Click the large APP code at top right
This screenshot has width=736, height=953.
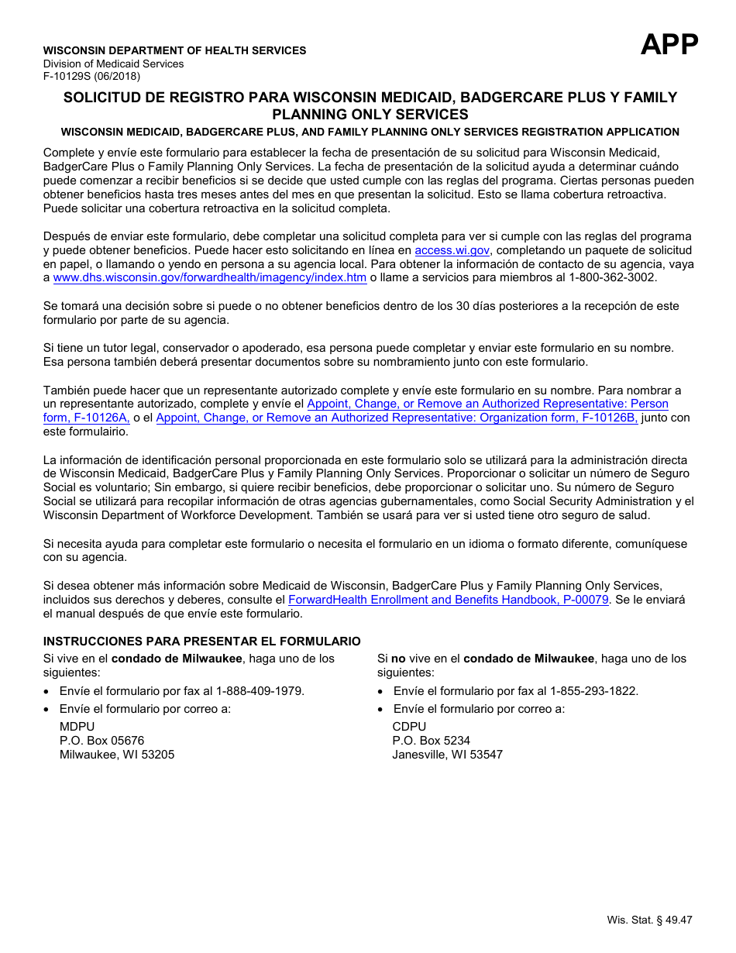[x=669, y=44]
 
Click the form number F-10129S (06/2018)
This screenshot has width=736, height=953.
[x=91, y=76]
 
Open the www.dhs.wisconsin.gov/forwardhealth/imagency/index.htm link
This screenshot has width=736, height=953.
[x=210, y=277]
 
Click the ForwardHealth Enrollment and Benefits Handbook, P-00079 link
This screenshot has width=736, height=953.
[x=449, y=600]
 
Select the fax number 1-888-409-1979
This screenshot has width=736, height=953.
[x=260, y=691]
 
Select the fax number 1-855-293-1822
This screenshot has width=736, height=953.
[x=594, y=691]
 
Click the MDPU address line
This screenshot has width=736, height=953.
[x=77, y=727]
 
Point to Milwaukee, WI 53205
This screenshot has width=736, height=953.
[x=117, y=755]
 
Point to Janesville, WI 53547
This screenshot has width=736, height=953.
[x=447, y=755]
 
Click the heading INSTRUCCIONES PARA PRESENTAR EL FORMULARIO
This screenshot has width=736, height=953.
[x=201, y=642]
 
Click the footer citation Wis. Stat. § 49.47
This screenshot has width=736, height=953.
[x=649, y=920]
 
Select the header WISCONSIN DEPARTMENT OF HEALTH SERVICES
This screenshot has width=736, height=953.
[x=174, y=50]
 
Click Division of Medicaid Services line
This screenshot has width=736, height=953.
[x=113, y=64]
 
